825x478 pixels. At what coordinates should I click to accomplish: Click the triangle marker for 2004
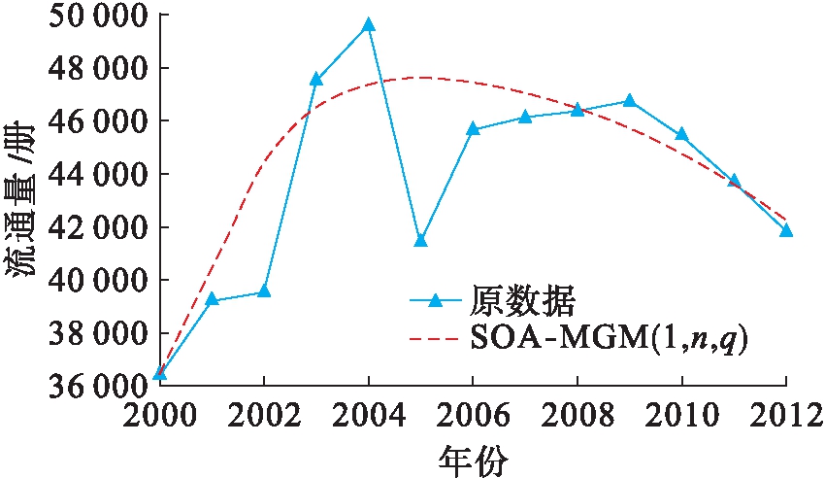[368, 25]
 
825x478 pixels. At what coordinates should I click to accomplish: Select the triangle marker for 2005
[420, 240]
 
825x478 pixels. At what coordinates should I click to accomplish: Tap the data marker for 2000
[160, 373]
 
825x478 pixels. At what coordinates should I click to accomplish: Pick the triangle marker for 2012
[786, 230]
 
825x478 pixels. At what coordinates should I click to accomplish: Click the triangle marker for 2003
[316, 79]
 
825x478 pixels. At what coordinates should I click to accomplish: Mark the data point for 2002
[264, 291]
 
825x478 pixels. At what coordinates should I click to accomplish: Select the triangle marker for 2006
[473, 128]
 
